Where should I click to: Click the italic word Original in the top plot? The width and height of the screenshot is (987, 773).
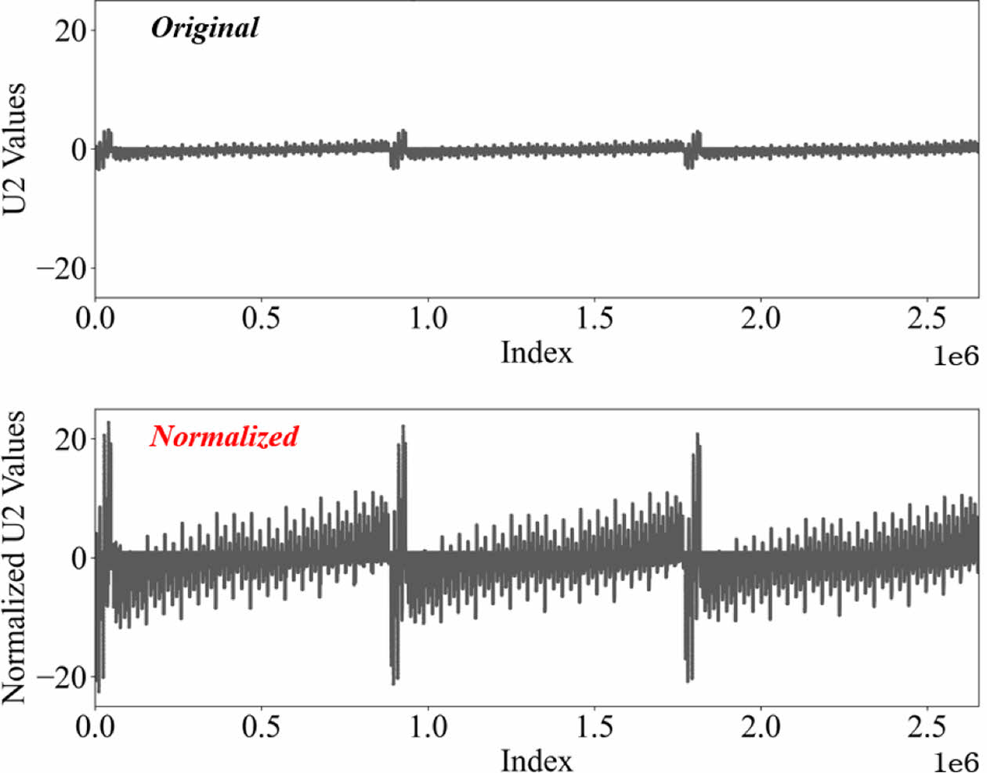[x=204, y=28]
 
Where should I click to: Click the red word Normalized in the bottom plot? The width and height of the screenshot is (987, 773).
[x=224, y=435]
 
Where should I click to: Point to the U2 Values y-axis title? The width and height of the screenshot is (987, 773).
[x=15, y=148]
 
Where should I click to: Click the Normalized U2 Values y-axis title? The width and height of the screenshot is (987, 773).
[x=15, y=557]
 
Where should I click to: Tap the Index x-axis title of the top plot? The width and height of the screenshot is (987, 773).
[x=537, y=352]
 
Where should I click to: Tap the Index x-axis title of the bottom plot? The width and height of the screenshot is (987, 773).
[x=537, y=759]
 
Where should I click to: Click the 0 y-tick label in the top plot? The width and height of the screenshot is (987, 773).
[x=79, y=150]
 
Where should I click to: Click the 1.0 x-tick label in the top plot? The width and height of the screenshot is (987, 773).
[x=428, y=319]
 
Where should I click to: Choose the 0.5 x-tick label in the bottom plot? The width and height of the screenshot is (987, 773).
[x=261, y=727]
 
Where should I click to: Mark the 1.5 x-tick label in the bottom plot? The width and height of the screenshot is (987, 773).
[x=594, y=727]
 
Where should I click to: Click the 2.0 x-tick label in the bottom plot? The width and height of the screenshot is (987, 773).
[x=761, y=727]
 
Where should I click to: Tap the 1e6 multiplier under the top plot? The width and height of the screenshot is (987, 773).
[x=956, y=356]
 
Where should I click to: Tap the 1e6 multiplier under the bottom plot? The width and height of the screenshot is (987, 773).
[x=956, y=762]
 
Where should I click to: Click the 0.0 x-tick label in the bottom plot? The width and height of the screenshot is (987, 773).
[x=95, y=727]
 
